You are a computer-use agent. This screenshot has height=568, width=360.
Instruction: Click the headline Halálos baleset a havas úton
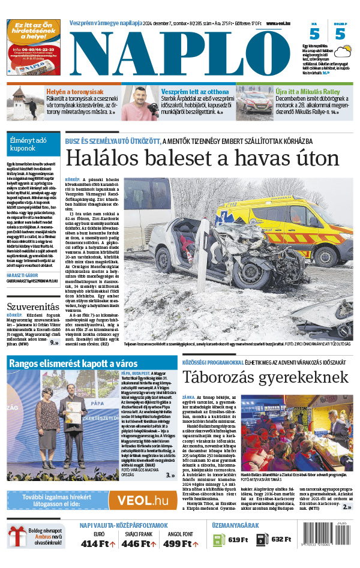pos(202,158)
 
